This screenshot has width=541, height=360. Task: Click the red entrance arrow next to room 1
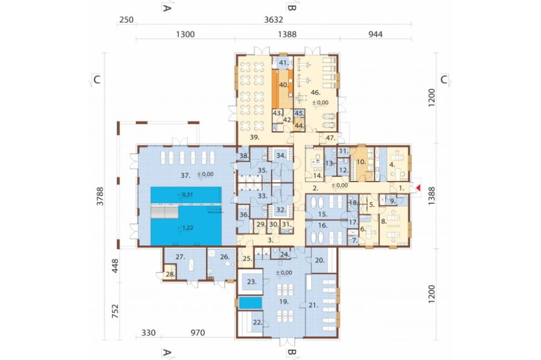[419, 188]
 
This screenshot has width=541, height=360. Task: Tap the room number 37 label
[186, 176]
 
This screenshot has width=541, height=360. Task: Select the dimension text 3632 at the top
[274, 19]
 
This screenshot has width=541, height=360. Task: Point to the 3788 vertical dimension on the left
[100, 196]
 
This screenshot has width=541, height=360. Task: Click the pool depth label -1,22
[186, 228]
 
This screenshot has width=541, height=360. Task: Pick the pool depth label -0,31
[185, 195]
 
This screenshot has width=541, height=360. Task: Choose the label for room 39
[255, 137]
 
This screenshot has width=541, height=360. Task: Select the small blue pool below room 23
[250, 303]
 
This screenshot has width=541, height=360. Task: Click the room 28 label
[170, 275]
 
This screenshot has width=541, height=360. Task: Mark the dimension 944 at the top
[375, 34]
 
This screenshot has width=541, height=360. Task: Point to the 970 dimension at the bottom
[197, 333]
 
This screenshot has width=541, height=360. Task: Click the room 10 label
[361, 162]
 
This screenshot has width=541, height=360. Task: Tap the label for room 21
[313, 305]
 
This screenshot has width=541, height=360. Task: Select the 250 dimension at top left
[126, 19]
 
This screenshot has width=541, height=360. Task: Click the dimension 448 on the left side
[115, 266]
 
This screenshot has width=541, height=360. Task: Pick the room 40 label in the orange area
[283, 85]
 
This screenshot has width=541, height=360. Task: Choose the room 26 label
[225, 257]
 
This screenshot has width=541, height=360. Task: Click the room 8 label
[384, 222]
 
